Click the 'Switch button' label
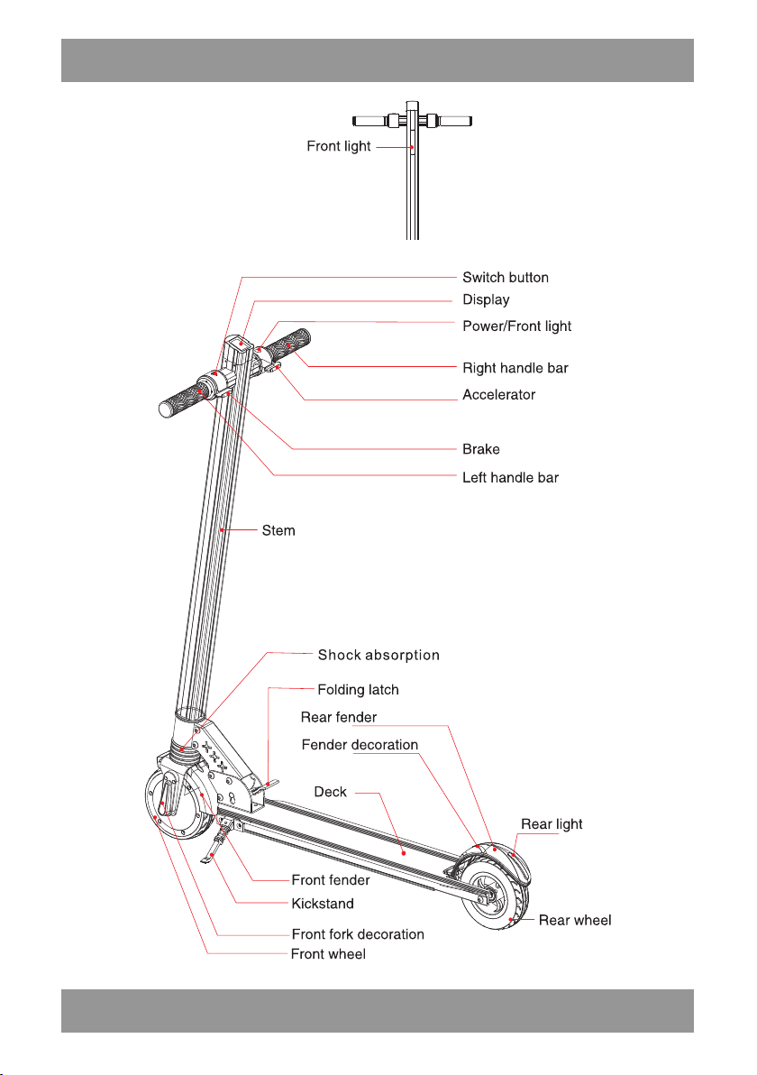pyautogui.click(x=506, y=278)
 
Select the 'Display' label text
pyautogui.click(x=486, y=299)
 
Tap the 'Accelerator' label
pyautogui.click(x=498, y=395)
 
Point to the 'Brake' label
pyautogui.click(x=481, y=449)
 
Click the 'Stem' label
pyautogui.click(x=278, y=530)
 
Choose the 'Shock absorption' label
pyautogui.click(x=378, y=655)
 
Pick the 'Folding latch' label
pyautogui.click(x=359, y=690)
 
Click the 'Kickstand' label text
pyautogui.click(x=323, y=904)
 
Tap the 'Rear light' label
pyautogui.click(x=552, y=824)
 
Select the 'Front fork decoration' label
pyautogui.click(x=358, y=934)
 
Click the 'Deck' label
pyautogui.click(x=330, y=792)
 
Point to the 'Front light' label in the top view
pyautogui.click(x=339, y=146)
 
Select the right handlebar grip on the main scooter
pyautogui.click(x=287, y=344)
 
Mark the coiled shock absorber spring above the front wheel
pyautogui.click(x=186, y=753)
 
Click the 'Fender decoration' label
pyautogui.click(x=360, y=745)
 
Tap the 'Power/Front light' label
pyautogui.click(x=516, y=326)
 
